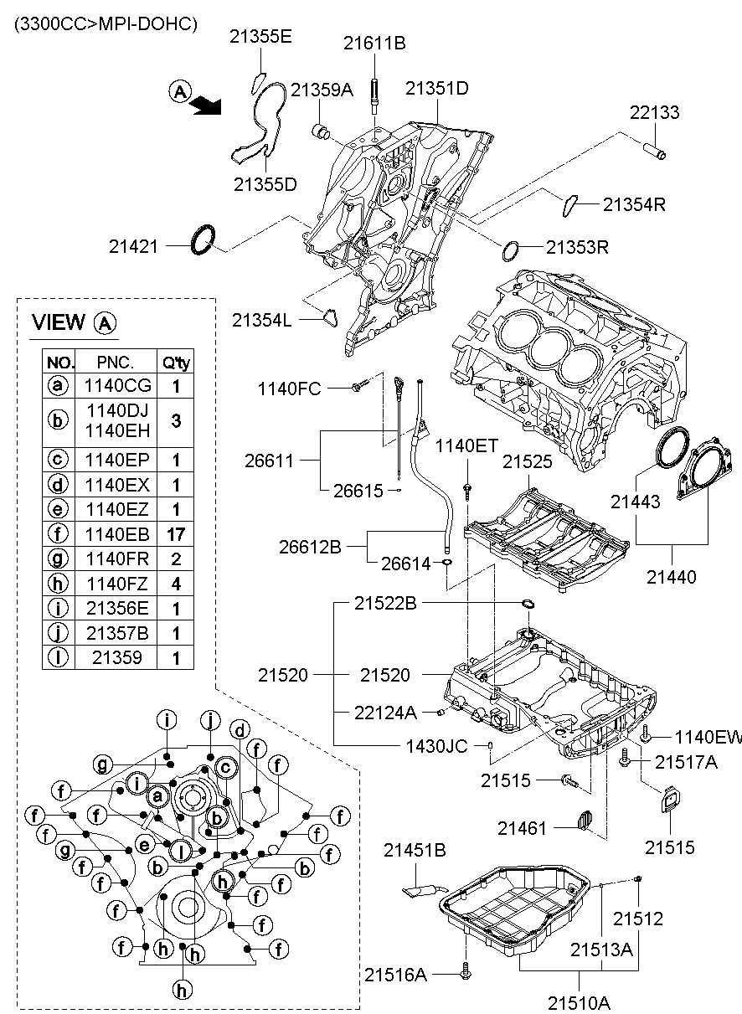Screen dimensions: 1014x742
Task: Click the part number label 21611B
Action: click(374, 43)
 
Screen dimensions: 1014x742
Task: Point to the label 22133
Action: click(654, 113)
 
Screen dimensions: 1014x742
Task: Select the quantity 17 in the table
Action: click(176, 533)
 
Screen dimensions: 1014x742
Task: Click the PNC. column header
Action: click(115, 362)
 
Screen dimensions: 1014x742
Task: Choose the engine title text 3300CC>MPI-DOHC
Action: click(105, 24)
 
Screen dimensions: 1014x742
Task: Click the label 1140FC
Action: click(289, 389)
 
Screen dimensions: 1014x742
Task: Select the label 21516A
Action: click(395, 974)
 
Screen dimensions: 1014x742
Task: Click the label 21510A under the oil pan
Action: click(580, 1001)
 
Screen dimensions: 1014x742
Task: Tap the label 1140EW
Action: click(709, 737)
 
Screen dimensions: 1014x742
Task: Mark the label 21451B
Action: click(415, 851)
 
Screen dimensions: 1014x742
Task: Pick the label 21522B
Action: click(384, 603)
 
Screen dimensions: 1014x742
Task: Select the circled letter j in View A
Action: click(210, 719)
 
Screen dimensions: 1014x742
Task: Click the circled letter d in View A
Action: click(240, 729)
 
